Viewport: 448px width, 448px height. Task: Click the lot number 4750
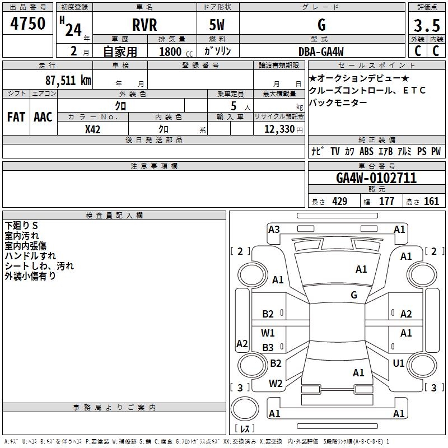28,24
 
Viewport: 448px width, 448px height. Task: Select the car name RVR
144,25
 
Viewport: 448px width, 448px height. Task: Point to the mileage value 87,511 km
68,80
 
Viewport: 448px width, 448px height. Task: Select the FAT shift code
16,117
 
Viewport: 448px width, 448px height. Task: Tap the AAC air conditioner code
43,117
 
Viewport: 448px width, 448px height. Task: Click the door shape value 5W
218,25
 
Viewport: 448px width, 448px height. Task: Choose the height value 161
431,202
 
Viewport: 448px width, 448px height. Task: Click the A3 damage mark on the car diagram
274,229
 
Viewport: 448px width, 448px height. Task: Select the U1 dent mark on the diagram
399,363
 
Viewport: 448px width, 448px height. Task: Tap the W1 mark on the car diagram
268,333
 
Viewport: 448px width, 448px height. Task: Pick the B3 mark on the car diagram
268,348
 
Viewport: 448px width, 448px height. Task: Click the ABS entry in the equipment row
366,152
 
